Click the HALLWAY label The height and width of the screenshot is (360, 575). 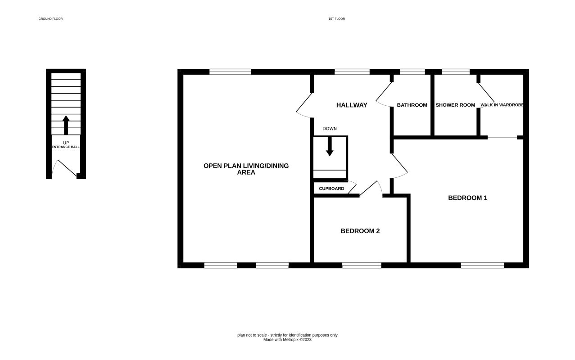(352, 105)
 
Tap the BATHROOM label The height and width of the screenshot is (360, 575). (412, 105)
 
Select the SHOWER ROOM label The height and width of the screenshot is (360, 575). (455, 105)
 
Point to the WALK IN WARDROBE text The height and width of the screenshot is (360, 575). (502, 105)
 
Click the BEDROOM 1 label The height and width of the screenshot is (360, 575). (468, 198)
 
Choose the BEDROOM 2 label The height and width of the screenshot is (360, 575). (360, 231)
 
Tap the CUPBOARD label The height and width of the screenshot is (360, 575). (331, 189)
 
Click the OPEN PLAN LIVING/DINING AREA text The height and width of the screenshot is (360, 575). (246, 169)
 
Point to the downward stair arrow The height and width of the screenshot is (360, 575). (330, 147)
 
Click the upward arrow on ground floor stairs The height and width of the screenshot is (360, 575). (66, 125)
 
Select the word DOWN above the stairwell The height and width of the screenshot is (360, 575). (330, 129)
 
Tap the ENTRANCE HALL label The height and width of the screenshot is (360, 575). (66, 147)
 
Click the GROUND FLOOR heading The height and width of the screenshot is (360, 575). (50, 19)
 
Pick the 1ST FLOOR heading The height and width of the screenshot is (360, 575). (337, 19)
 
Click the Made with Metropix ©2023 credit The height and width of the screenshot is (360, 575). (287, 340)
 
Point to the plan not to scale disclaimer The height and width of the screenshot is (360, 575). (287, 335)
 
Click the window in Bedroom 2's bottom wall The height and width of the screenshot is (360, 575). (362, 265)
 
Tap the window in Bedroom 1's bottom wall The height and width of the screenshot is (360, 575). (482, 265)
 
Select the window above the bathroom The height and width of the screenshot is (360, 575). (412, 72)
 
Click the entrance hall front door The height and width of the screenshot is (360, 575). (67, 168)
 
